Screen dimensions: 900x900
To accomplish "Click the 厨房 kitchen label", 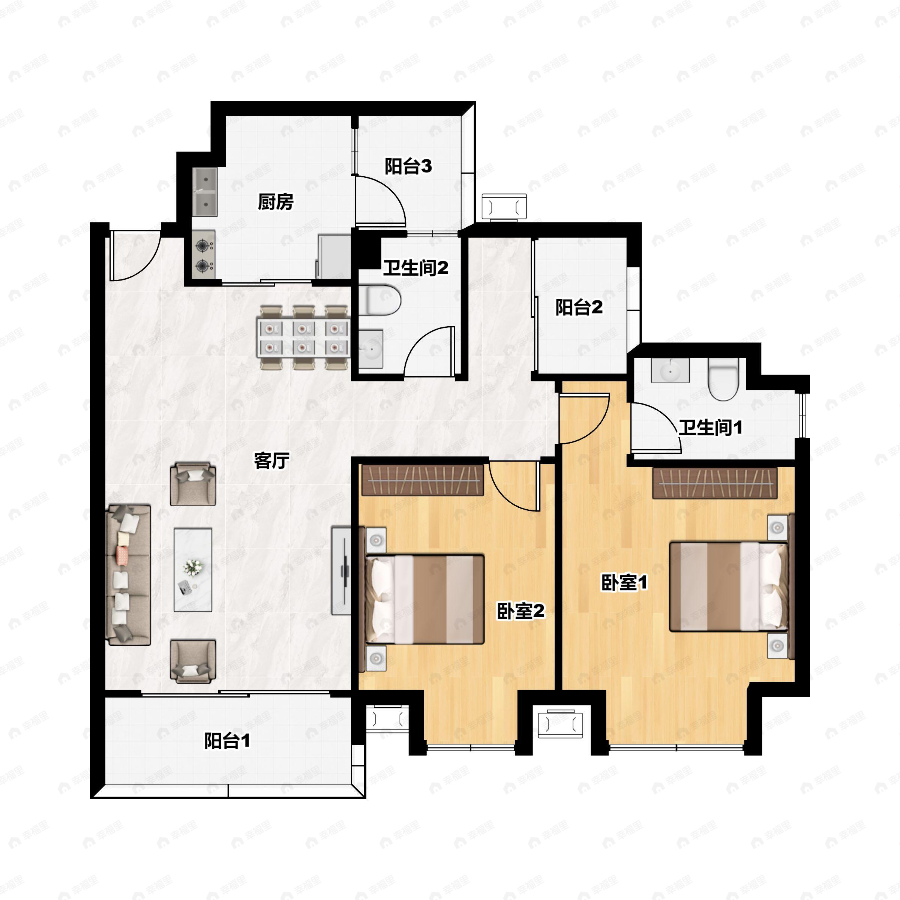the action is [276, 202].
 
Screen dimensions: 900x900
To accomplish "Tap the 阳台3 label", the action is [408, 166].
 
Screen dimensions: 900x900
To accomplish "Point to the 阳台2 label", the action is [579, 307].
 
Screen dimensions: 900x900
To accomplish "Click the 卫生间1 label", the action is [710, 427].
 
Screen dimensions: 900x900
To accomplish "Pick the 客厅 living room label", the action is [271, 461].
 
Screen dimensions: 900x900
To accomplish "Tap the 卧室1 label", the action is [624, 583].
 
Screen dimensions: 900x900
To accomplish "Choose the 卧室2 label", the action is [521, 611].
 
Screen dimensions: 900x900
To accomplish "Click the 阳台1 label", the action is [227, 741].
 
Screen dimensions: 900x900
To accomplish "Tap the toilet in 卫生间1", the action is [723, 379].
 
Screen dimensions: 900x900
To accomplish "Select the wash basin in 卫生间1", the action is [670, 370].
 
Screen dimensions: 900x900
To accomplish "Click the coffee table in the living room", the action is [193, 570].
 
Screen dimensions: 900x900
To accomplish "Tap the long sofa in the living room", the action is [129, 574].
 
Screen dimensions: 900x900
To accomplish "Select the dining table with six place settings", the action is [303, 337].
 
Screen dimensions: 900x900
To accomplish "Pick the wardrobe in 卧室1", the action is [715, 483].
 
